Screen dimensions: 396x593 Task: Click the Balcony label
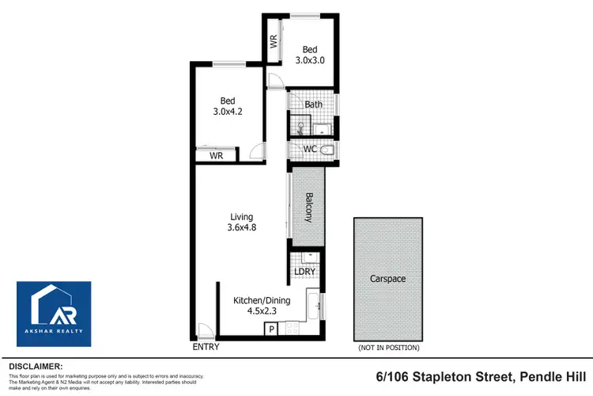coord(308,208)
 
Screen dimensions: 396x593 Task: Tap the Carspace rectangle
coord(387,279)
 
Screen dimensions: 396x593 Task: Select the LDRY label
coord(305,272)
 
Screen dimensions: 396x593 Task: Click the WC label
coord(310,150)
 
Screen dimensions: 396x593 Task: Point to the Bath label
coord(314,105)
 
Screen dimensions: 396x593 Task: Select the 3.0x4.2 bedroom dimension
coord(228,112)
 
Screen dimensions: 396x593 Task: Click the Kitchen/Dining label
coord(262,300)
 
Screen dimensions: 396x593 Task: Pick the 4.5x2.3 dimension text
coord(262,311)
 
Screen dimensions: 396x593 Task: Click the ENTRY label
coord(205,347)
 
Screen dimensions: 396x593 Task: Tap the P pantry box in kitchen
coord(271,329)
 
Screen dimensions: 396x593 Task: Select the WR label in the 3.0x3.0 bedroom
coord(273,40)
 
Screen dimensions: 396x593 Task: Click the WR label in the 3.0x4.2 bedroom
coord(216,157)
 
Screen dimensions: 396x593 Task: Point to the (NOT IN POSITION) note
coord(388,347)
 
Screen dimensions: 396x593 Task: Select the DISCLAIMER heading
coord(35,366)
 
